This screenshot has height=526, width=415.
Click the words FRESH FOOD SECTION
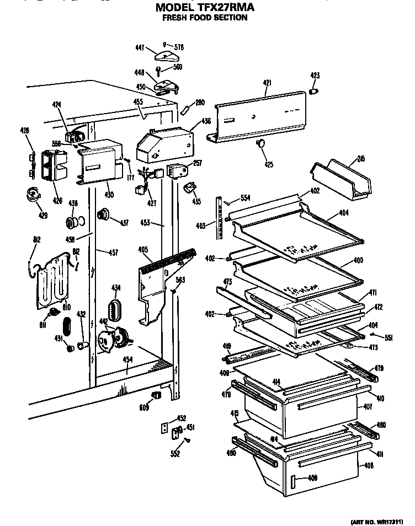point(204,18)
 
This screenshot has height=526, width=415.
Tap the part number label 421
point(267,83)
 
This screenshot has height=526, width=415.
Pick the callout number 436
point(190,121)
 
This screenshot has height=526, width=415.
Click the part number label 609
point(143,407)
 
